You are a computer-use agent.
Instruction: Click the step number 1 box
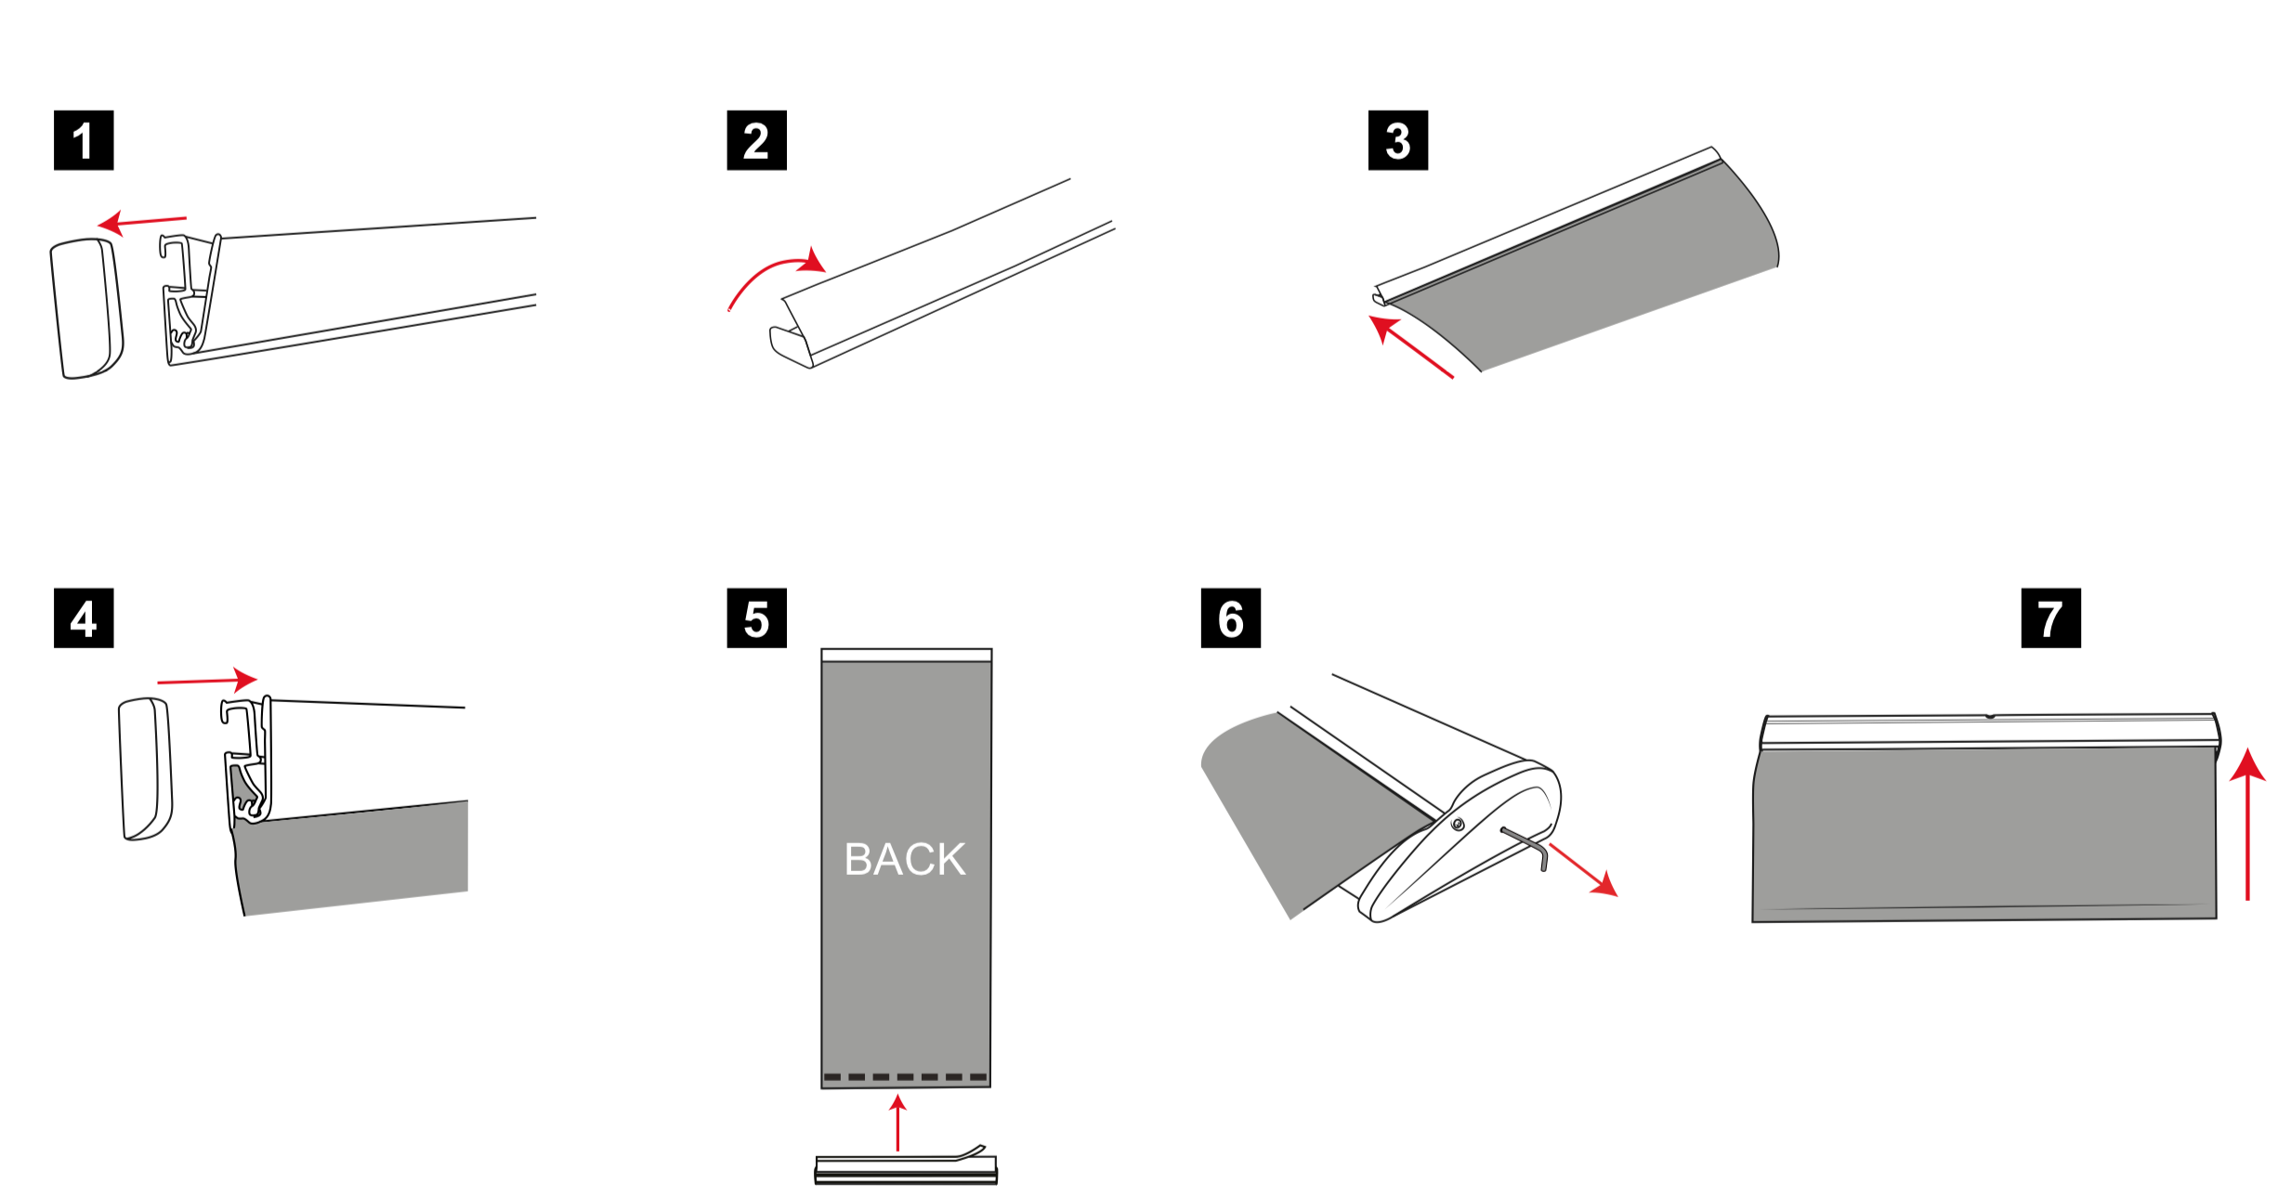[x=84, y=140]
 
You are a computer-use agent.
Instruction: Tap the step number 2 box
[x=756, y=140]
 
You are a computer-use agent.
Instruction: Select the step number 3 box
[x=1398, y=140]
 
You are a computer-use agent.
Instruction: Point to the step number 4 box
[x=84, y=618]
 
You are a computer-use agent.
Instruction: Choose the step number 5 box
[x=756, y=618]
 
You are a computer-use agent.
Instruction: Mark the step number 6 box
[x=1231, y=618]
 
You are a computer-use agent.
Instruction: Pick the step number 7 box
[x=2051, y=618]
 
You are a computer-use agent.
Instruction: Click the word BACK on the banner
[x=905, y=859]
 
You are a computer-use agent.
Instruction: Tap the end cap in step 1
[x=86, y=308]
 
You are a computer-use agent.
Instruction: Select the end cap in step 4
[x=146, y=769]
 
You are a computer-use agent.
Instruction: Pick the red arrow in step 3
[x=1411, y=346]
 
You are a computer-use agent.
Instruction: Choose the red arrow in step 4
[x=207, y=681]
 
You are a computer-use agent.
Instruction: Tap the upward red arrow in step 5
[x=897, y=1123]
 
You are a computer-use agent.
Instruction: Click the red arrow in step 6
[x=1584, y=870]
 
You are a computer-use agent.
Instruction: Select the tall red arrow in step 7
[x=2247, y=824]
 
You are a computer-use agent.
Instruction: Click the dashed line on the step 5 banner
[x=905, y=1077]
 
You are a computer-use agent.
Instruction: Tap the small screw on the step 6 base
[x=1458, y=824]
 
